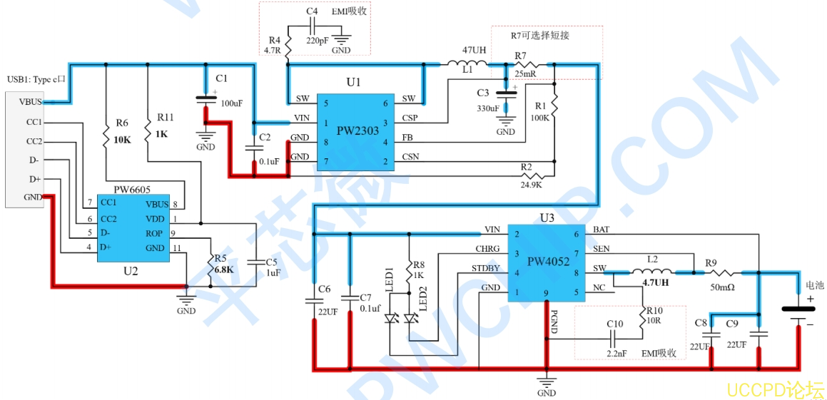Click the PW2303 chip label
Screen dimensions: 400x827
(x=357, y=131)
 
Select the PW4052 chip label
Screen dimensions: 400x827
(x=548, y=262)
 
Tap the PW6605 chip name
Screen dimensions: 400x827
(x=132, y=190)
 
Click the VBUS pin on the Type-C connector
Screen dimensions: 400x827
(x=29, y=102)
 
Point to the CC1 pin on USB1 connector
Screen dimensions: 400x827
(x=34, y=123)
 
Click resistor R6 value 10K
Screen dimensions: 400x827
(x=122, y=140)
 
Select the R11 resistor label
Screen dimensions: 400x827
(x=165, y=117)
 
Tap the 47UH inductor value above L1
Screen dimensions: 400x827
(x=474, y=51)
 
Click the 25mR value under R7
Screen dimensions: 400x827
(x=525, y=74)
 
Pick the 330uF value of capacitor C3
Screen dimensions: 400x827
(x=489, y=108)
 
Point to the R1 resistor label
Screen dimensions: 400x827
(x=541, y=106)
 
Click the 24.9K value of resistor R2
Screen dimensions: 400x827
(x=531, y=185)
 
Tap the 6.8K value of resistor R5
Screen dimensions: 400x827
(x=223, y=270)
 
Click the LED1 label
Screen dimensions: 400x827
(x=390, y=279)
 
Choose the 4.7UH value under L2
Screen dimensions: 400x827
(x=655, y=282)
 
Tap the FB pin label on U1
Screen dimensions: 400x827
(x=407, y=138)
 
